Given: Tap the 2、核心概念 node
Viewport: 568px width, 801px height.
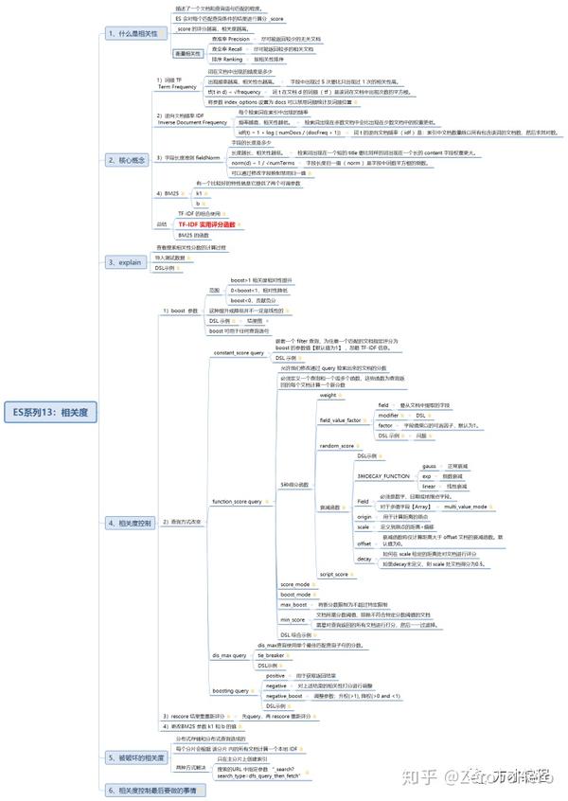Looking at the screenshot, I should coord(126,160).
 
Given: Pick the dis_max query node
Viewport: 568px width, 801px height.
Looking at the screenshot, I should coord(229,654).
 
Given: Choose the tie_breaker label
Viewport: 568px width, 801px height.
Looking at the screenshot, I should coord(272,654).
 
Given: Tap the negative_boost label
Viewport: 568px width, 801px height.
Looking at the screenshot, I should coord(284,696).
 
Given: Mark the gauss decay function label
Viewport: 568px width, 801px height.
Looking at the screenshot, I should coord(429,467).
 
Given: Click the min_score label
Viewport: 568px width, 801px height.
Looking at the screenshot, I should coord(293,618).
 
